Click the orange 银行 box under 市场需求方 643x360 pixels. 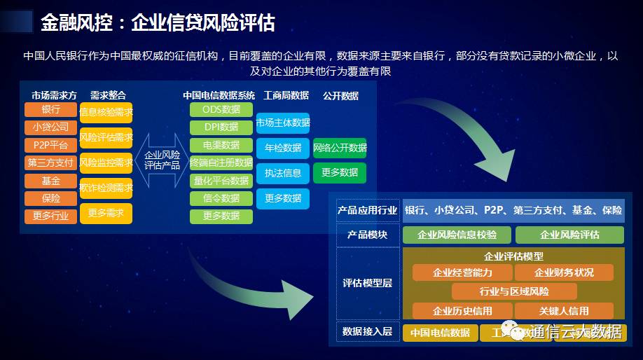coord(50,110)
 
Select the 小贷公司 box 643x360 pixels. coord(50,127)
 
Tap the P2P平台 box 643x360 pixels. coord(50,145)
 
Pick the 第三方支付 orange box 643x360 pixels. coord(50,163)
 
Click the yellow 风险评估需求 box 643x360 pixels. coord(106,137)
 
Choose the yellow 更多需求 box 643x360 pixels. coord(106,212)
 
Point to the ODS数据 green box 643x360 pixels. coord(221,110)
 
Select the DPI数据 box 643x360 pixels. coord(221,127)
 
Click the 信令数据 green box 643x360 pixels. coord(221,198)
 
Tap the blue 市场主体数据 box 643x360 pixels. coord(282,123)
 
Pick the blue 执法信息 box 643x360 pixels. coord(282,173)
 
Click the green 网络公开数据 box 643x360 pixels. coord(339,148)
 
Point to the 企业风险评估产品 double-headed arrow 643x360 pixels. coord(162,160)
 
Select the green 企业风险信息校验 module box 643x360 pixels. coord(457,235)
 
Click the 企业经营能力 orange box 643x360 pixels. coord(462,272)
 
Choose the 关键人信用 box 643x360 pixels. coord(564,310)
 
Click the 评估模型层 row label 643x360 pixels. coord(367,283)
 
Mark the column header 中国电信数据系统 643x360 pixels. coord(219,95)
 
